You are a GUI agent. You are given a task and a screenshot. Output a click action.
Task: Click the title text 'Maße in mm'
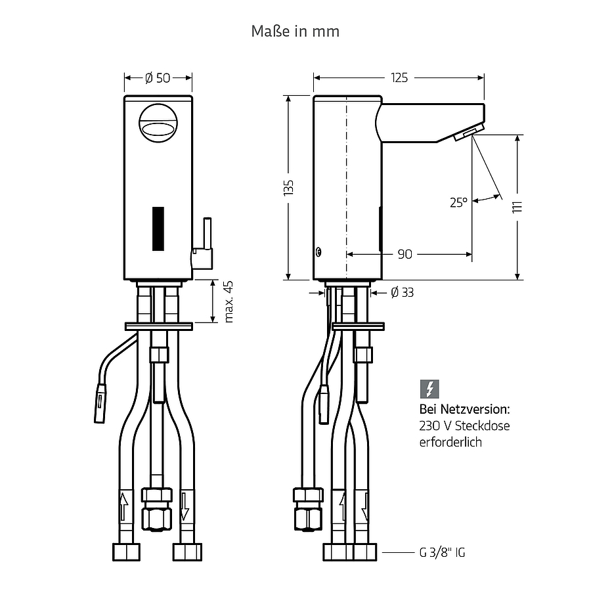coord(295,32)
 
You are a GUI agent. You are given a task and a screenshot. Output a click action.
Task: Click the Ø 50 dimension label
coord(158,78)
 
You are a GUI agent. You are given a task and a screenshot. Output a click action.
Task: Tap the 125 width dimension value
coord(399,77)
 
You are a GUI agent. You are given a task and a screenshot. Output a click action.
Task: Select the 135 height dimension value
coord(289,188)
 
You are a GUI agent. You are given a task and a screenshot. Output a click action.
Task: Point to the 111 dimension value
coord(517,207)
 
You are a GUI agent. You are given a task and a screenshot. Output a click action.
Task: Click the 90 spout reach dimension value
coord(405,254)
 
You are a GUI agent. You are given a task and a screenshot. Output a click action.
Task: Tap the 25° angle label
coord(459,202)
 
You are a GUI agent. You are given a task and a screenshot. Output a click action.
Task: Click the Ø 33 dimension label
coord(402,292)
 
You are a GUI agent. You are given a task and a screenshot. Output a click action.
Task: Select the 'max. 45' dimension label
coord(229,301)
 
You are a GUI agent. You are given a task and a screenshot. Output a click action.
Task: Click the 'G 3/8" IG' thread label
coord(442,553)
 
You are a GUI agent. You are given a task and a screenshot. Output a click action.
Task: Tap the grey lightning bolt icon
coord(429,389)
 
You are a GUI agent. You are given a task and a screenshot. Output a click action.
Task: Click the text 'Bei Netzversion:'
coord(465,409)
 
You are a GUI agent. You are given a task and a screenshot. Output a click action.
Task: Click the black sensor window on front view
coord(158,229)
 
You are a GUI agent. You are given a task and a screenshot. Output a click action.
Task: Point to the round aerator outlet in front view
coord(158,123)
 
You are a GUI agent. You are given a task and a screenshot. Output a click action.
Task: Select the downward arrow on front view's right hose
coord(185,506)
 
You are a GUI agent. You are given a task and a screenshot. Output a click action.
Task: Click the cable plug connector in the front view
coord(100,403)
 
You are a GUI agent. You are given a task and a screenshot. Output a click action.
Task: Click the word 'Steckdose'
coord(483,426)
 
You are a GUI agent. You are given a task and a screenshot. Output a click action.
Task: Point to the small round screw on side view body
coord(319,252)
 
